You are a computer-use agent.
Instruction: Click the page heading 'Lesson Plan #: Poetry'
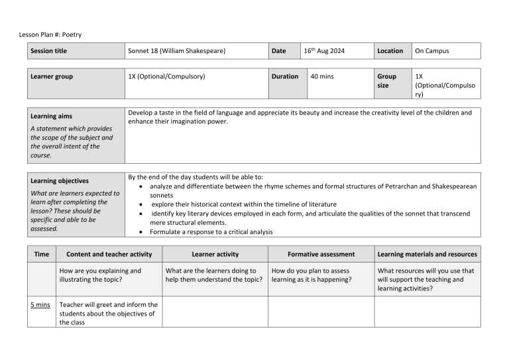click(x=50, y=34)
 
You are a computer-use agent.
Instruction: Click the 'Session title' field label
click(x=48, y=51)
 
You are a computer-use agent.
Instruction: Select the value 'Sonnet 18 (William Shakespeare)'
click(x=176, y=51)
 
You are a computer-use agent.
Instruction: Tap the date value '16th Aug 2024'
click(x=325, y=51)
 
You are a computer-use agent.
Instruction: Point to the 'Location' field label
click(x=390, y=51)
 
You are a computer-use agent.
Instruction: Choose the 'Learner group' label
click(x=52, y=77)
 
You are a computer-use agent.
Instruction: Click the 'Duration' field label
click(x=285, y=77)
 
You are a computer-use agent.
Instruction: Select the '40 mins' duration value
click(x=322, y=77)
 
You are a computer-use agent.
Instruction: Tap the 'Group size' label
click(x=386, y=81)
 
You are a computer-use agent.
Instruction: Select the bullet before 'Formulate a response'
click(x=142, y=232)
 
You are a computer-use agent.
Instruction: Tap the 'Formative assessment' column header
click(x=321, y=254)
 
